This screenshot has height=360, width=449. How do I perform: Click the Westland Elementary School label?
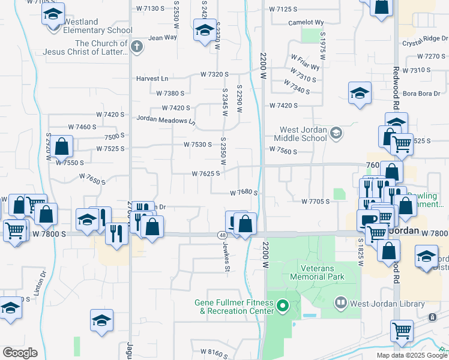[x=97, y=26]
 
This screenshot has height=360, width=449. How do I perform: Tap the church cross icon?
[x=137, y=47]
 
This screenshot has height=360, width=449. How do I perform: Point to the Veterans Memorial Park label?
[x=318, y=273]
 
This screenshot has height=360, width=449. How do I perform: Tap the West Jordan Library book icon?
[x=342, y=303]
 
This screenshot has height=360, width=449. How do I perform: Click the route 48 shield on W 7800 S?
[x=221, y=235]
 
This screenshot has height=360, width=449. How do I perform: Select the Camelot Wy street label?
[x=306, y=22]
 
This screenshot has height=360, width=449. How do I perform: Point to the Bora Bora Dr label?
[x=421, y=93]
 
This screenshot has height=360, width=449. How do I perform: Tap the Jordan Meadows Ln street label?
[x=166, y=120]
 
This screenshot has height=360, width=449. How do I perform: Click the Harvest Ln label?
[x=152, y=79]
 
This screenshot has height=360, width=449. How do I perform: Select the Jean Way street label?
[x=163, y=37]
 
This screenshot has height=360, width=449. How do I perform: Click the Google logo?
[x=20, y=353]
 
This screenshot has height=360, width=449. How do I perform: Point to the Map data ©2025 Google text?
[x=412, y=356]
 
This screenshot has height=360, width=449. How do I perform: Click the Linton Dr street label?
[x=44, y=283]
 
